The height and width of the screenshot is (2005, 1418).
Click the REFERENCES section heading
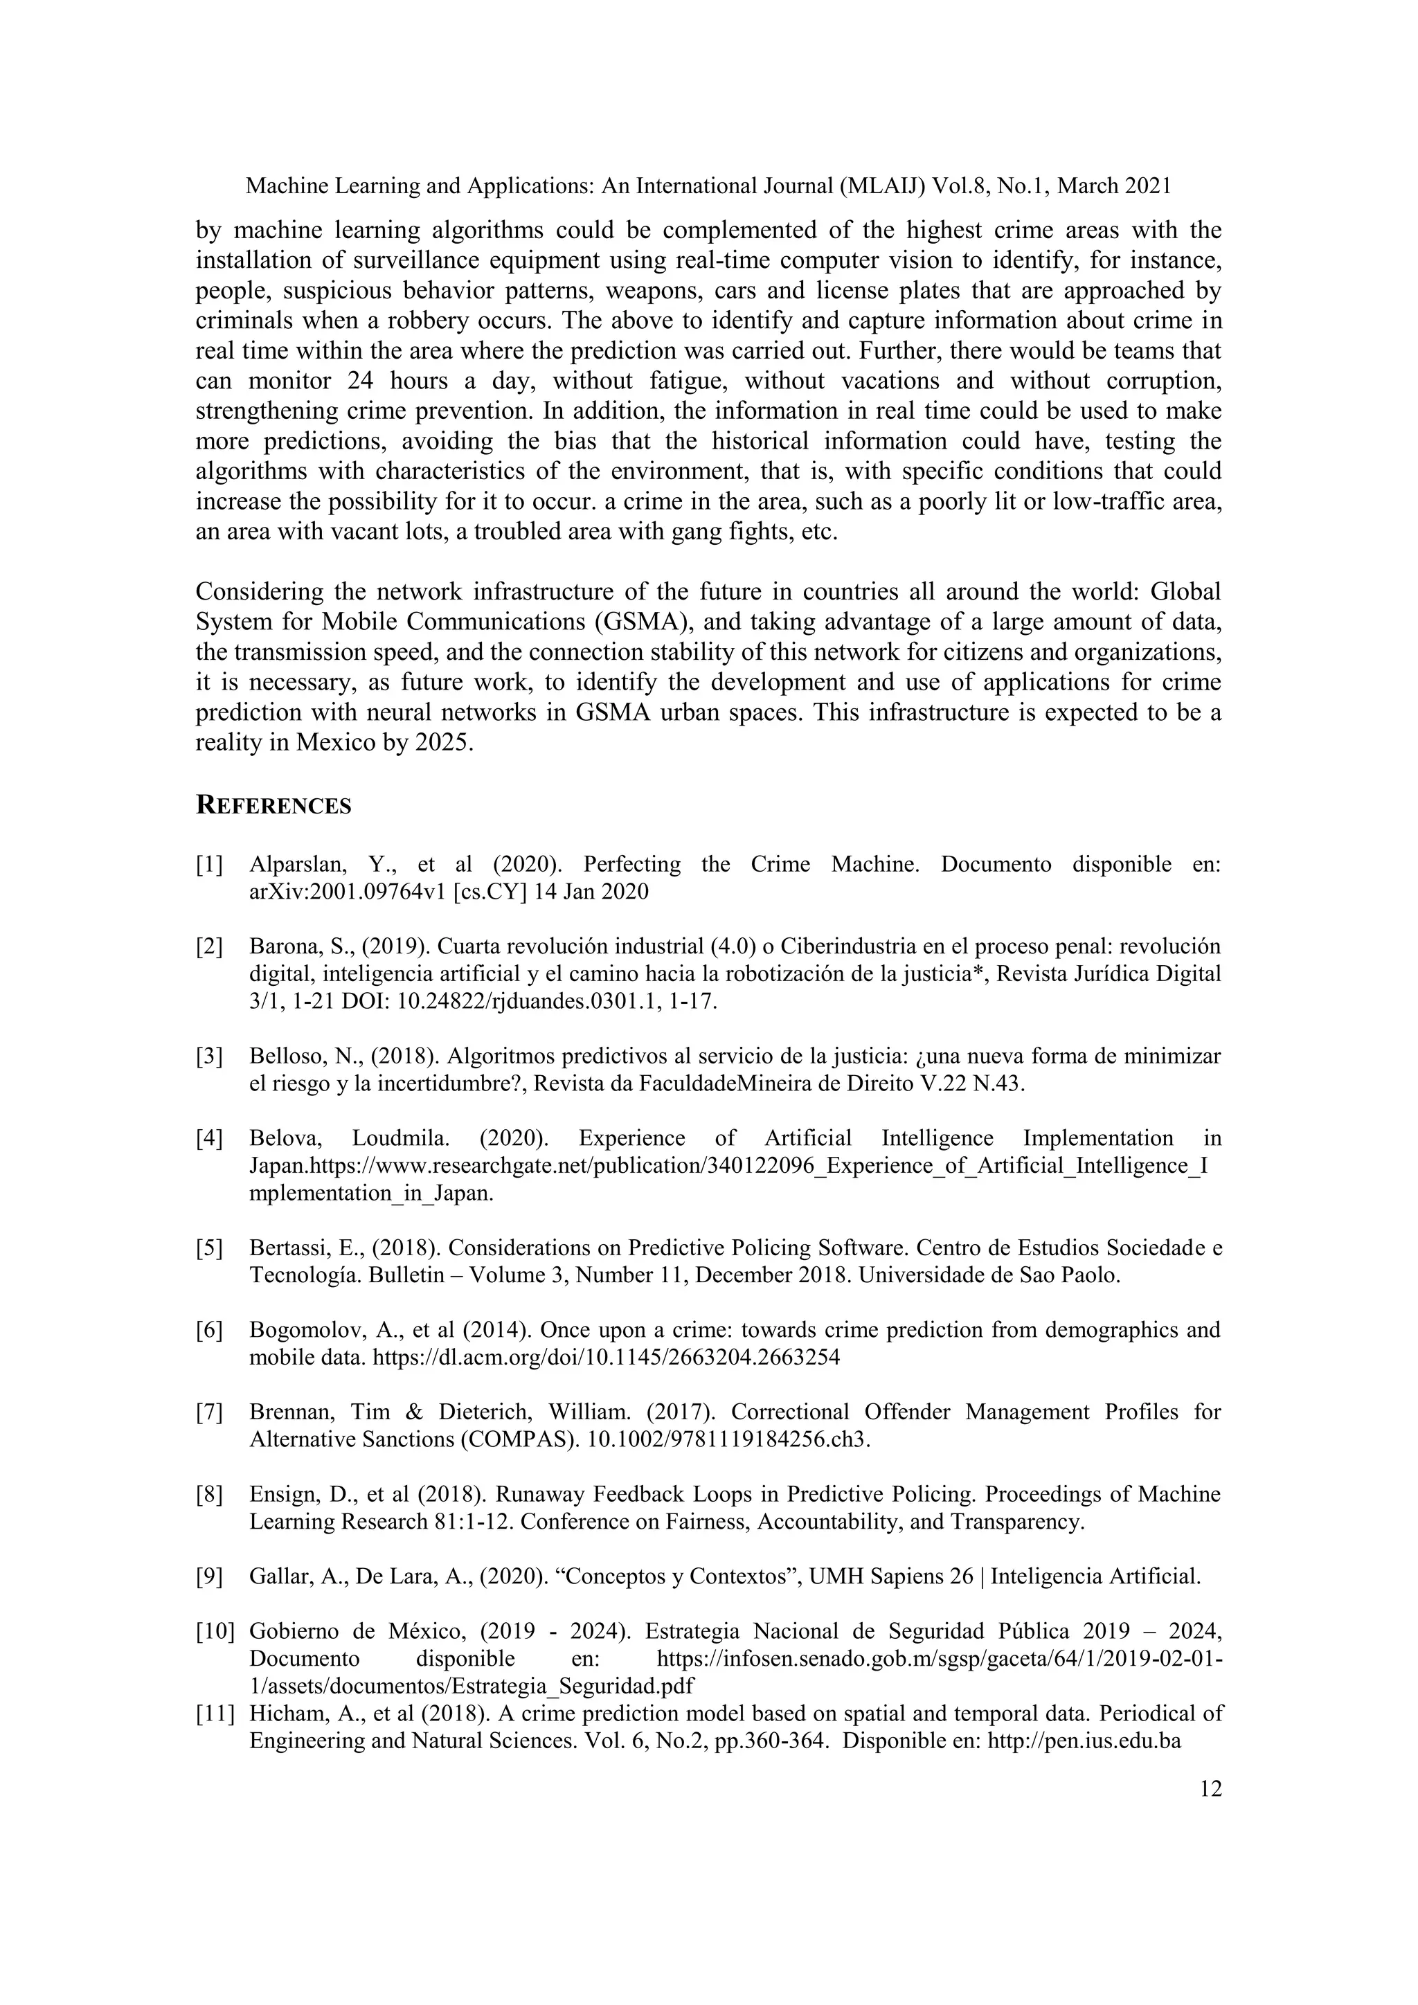[273, 805]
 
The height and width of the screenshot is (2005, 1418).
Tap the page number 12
[1210, 1789]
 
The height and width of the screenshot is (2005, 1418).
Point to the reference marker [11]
[214, 1714]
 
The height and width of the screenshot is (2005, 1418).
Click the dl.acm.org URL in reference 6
[606, 1357]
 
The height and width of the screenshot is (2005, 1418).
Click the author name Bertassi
[285, 1248]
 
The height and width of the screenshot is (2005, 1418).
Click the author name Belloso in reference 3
[285, 1057]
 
